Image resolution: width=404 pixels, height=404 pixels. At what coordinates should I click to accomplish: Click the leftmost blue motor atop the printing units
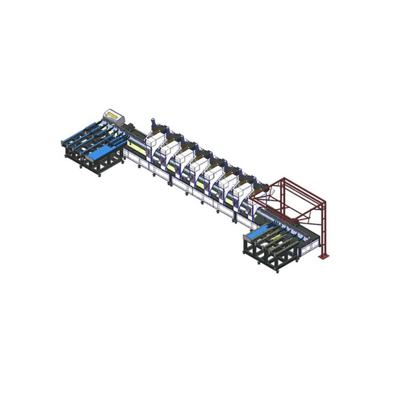pos(153,123)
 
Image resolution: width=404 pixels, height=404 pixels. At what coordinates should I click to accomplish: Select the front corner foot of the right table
pos(278,270)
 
